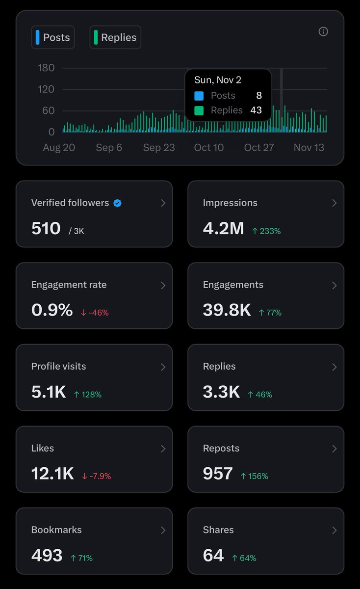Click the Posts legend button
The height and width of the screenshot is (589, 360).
(x=53, y=37)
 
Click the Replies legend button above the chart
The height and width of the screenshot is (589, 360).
(x=115, y=37)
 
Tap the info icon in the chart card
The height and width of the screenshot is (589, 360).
(x=323, y=31)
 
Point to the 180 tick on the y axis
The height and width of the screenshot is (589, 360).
(x=46, y=68)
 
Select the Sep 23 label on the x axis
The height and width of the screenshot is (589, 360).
(x=159, y=148)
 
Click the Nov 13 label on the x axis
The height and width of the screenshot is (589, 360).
(x=309, y=148)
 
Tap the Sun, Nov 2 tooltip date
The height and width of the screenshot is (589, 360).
(x=218, y=80)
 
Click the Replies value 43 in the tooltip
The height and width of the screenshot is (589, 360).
(x=256, y=110)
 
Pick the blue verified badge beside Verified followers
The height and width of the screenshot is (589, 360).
(x=117, y=203)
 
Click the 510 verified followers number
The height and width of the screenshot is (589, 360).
(x=46, y=228)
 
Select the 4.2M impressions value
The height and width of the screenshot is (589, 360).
(x=223, y=228)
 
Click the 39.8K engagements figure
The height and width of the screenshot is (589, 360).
(x=227, y=310)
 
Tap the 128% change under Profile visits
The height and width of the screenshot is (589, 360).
(x=88, y=394)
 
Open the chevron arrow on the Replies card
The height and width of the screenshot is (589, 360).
(x=334, y=367)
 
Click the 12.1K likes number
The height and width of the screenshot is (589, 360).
(x=52, y=474)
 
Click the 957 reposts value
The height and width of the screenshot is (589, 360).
(x=218, y=474)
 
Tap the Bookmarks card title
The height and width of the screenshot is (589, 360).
(x=56, y=530)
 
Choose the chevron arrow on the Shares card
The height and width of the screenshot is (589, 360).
(x=334, y=530)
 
